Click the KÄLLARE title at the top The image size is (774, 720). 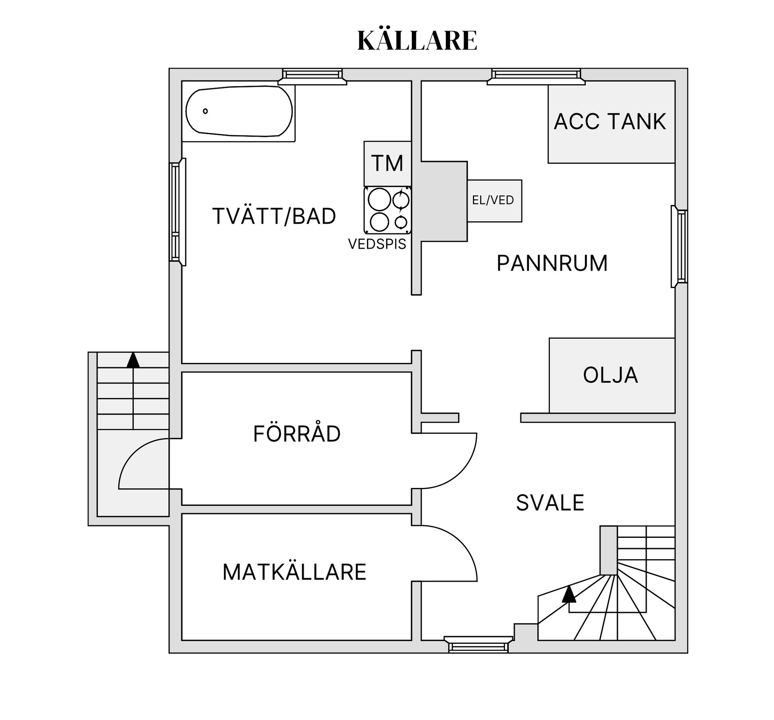[x=417, y=40]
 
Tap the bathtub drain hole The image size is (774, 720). [x=205, y=111]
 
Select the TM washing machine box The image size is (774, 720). [x=387, y=163]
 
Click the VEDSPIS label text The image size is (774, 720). [x=377, y=244]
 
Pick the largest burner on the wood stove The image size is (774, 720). [x=379, y=199]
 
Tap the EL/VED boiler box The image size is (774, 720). [x=494, y=201]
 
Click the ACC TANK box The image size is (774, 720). [x=610, y=122]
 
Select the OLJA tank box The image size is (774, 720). [x=611, y=375]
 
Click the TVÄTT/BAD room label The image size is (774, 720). [x=274, y=216]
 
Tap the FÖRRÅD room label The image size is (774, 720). [x=297, y=434]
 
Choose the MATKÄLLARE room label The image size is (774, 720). [x=294, y=572]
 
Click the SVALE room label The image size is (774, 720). [x=550, y=503]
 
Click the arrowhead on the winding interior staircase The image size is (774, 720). [x=569, y=594]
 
